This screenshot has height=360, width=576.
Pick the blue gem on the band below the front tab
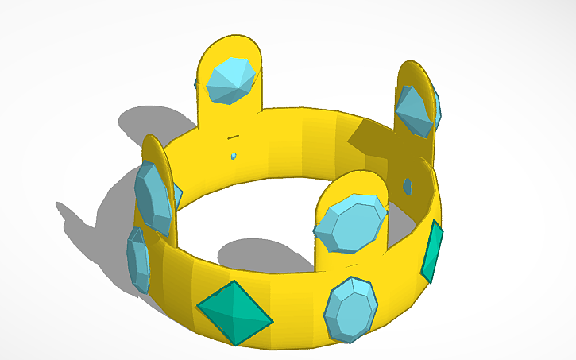pyautogui.click(x=350, y=308)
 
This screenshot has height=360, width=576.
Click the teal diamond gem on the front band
pyautogui.click(x=234, y=312)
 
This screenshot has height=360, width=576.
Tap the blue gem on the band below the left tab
pyautogui.click(x=138, y=259)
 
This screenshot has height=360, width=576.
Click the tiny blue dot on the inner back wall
pyautogui.click(x=234, y=157)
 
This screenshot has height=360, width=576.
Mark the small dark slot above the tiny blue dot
pyautogui.click(x=233, y=137)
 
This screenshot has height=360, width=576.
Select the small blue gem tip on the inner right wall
pyautogui.click(x=407, y=186)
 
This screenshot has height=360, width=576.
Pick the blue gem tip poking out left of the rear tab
pyautogui.click(x=195, y=83)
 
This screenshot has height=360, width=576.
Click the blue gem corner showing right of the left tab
pyautogui.click(x=178, y=195)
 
